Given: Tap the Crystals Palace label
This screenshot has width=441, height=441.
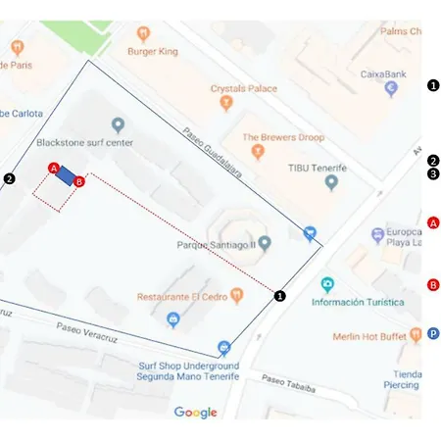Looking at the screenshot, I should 244,88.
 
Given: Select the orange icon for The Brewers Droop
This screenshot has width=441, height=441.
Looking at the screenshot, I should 258,152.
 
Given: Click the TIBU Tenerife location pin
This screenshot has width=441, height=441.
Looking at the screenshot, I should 331,182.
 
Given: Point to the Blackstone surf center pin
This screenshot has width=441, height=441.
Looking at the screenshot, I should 119,124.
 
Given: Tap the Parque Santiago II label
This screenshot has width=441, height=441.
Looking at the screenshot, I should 217,243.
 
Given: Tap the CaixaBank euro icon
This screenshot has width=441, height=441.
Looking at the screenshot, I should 392,88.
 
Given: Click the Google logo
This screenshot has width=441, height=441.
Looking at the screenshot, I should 195,412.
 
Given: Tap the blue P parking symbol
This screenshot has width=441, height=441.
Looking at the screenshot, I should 433,334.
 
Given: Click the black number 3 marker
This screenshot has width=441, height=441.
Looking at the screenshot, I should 433,173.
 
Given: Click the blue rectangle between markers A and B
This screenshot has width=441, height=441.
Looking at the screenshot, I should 67,174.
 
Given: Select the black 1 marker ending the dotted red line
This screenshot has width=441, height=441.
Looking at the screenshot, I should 279,295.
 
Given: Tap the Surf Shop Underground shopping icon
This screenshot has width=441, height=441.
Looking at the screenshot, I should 224,347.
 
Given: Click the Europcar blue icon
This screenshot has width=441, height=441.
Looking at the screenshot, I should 378,236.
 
